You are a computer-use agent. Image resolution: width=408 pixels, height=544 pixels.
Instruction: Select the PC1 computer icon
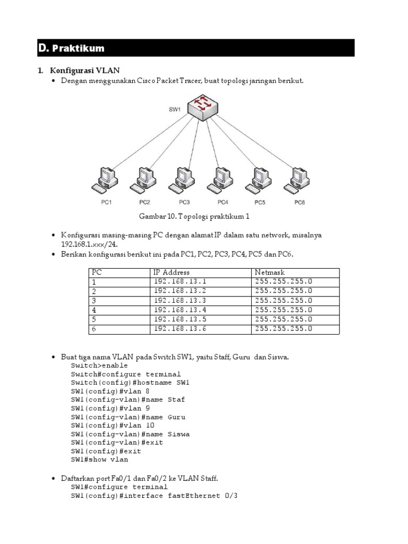click(104, 181)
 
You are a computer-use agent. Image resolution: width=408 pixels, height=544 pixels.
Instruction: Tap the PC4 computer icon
click(219, 181)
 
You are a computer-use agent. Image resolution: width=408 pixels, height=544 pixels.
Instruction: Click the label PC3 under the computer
click(184, 202)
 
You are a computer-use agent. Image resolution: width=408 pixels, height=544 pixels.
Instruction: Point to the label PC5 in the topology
click(259, 202)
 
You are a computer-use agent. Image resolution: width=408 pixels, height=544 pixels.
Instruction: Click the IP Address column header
click(172, 272)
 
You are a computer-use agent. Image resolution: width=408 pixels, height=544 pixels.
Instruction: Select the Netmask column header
click(270, 272)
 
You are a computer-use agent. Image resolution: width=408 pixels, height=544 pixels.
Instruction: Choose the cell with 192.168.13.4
click(179, 310)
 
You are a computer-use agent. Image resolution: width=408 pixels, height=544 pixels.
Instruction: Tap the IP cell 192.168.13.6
click(179, 329)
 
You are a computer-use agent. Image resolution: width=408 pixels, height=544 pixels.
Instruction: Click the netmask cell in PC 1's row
click(284, 282)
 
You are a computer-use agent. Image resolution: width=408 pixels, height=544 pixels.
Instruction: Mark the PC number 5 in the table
click(94, 319)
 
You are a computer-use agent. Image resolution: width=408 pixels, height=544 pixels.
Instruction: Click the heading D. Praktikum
click(71, 48)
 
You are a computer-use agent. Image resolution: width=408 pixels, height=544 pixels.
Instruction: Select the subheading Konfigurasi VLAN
click(85, 70)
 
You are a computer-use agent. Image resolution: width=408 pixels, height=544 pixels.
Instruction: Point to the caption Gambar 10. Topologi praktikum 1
click(194, 217)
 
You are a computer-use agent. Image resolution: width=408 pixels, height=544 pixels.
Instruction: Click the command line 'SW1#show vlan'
click(99, 460)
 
